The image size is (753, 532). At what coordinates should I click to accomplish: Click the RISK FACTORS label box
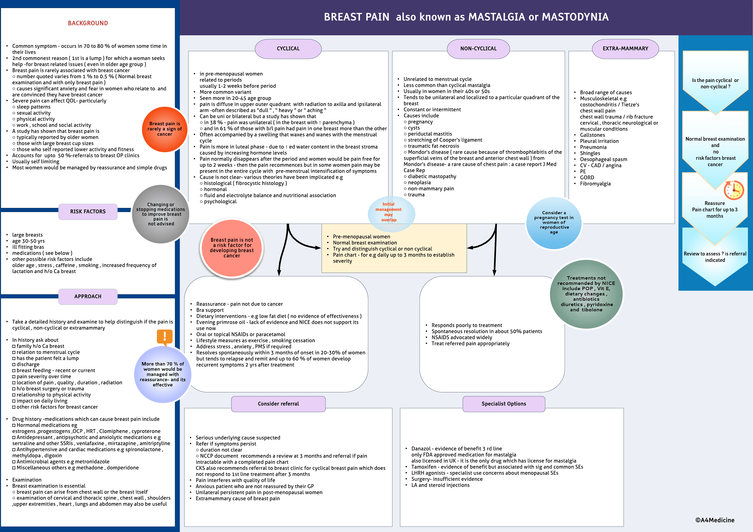88,211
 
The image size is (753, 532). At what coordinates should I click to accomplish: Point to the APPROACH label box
88,296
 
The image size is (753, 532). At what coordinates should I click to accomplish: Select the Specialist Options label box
504,404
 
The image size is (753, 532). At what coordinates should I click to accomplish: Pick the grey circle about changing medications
161,214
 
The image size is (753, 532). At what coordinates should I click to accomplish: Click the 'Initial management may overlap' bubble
389,212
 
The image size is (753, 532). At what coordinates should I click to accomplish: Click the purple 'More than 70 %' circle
163,374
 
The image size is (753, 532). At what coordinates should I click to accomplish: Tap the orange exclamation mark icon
165,336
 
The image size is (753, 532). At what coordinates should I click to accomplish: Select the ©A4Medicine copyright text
715,520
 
